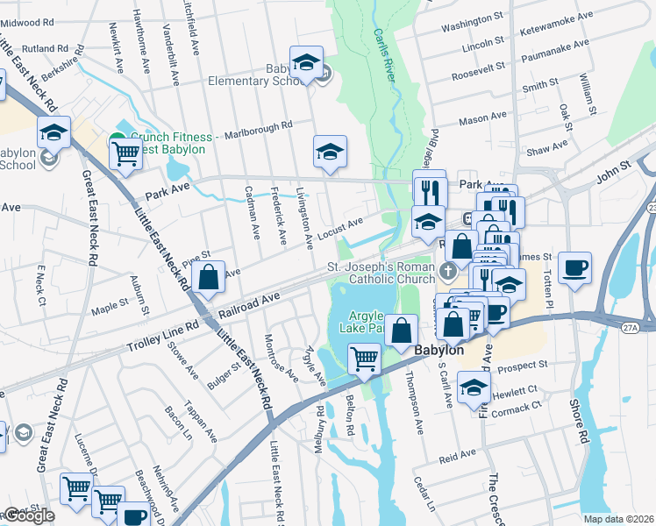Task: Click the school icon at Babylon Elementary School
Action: [x=306, y=63]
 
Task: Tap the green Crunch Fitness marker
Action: [x=116, y=139]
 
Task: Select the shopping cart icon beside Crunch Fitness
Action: [x=125, y=153]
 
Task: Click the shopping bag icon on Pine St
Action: [x=210, y=278]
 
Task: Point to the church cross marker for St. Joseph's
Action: [x=450, y=268]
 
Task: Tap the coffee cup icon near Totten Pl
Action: [x=574, y=267]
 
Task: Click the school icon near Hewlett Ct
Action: [x=474, y=389]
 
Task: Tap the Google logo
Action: [x=28, y=515]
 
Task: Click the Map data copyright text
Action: [x=618, y=519]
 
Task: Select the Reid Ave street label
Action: [x=457, y=456]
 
